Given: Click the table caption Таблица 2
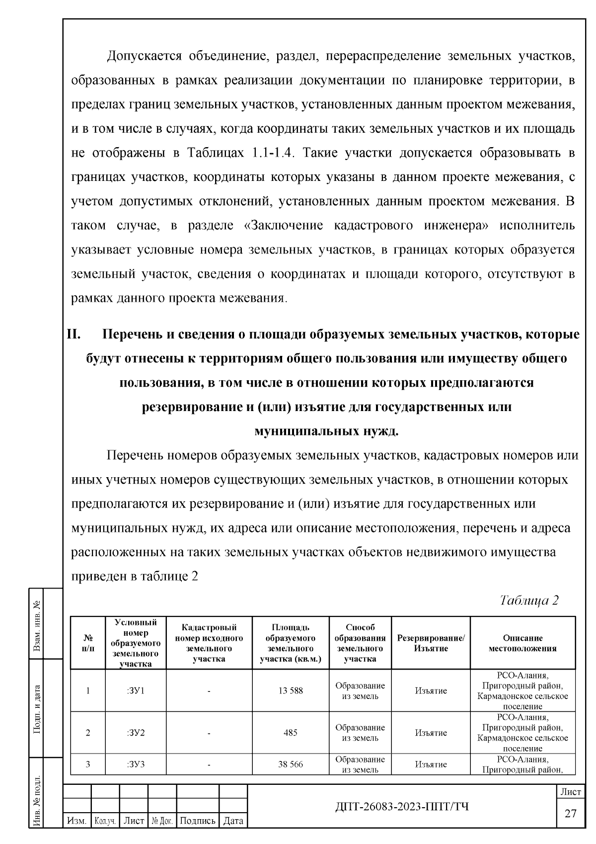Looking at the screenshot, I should pos(529,600).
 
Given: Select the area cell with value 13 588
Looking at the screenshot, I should pos(291,690).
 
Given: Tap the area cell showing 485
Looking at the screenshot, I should pos(291,733).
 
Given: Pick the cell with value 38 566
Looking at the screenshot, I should pos(291,764).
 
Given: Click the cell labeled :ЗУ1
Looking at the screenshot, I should pos(135,690).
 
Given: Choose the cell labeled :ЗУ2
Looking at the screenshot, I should pos(135,733).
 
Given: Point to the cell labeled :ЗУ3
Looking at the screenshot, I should pos(135,764).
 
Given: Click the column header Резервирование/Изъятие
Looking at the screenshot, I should pos(431,643).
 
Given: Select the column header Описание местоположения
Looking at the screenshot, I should pos(522,643).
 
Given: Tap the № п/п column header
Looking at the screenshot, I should pos(88,643).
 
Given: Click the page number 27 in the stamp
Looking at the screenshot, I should pos(571,813).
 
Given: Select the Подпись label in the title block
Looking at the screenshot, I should pos(197,821).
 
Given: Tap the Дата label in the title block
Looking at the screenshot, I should pos(233,821).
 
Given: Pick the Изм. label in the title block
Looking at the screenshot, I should pos(77,821).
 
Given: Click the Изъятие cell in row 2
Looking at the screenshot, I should pos(431,733).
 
